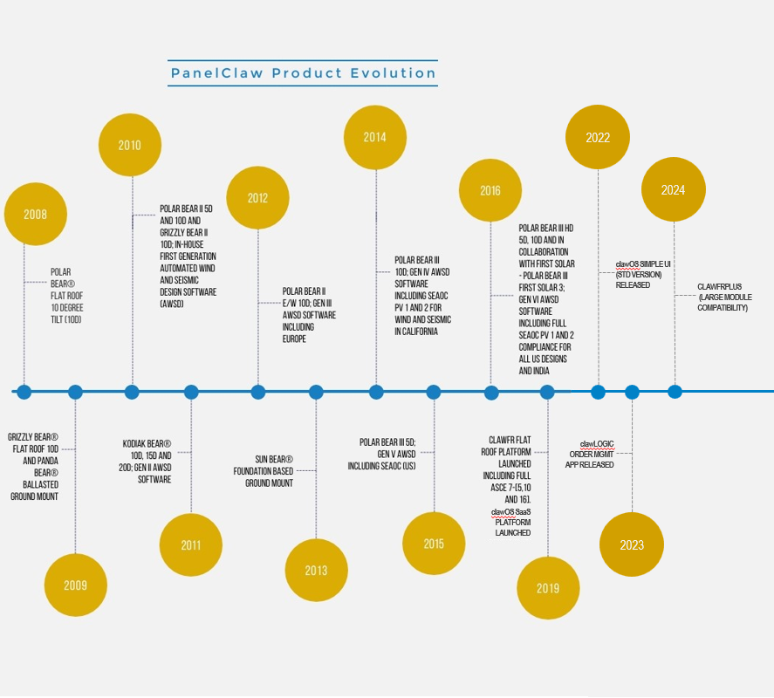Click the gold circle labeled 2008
(36, 214)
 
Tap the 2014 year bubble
(375, 137)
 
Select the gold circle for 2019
(548, 588)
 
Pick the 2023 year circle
(632, 544)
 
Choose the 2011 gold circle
(190, 544)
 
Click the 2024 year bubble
(674, 189)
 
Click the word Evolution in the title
(394, 73)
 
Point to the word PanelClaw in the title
(216, 73)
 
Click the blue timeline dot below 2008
(24, 392)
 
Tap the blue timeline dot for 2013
(316, 392)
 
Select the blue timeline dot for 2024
(675, 392)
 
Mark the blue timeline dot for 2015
(434, 392)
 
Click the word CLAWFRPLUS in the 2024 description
(719, 287)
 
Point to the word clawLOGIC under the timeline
(597, 444)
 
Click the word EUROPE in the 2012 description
(294, 339)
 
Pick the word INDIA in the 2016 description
(541, 371)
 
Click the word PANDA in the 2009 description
(48, 461)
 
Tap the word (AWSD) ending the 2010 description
(172, 304)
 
